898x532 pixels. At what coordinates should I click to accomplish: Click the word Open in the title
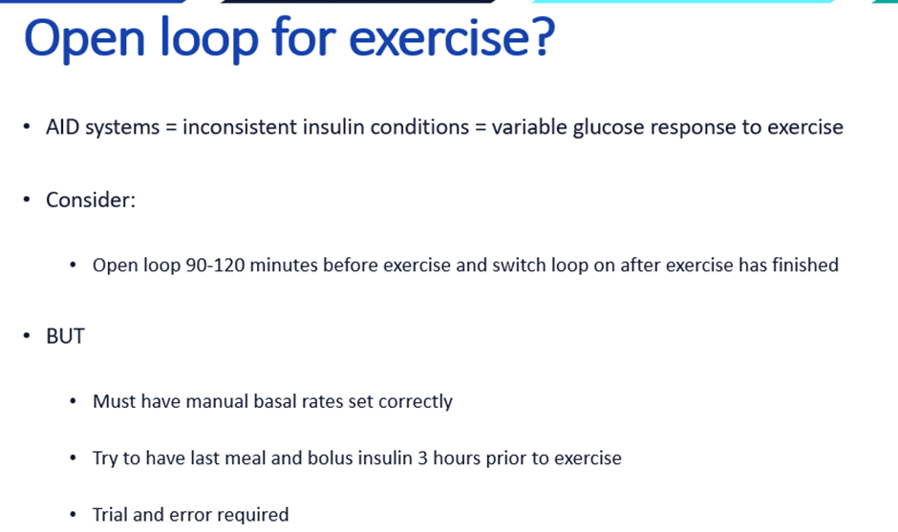click(89, 39)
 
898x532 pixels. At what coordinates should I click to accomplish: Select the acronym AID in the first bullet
click(64, 127)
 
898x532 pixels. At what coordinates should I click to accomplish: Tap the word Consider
click(91, 201)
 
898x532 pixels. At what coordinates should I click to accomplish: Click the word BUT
click(65, 336)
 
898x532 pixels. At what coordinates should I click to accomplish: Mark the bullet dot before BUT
click(27, 336)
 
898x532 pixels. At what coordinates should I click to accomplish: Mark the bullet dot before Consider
click(27, 201)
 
